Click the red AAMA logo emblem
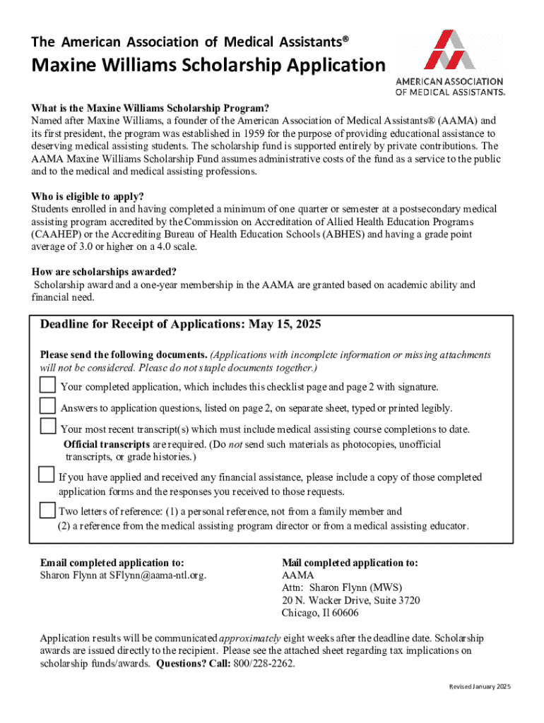pyautogui.click(x=449, y=49)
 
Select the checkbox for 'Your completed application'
pyautogui.click(x=47, y=385)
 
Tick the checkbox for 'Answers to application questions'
pyautogui.click(x=47, y=406)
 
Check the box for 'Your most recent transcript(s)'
pyautogui.click(x=47, y=426)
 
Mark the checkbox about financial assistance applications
pyautogui.click(x=46, y=474)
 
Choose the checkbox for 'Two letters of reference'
pyautogui.click(x=47, y=510)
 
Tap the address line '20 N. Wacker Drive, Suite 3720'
pyautogui.click(x=350, y=600)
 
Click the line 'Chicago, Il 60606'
pyautogui.click(x=319, y=613)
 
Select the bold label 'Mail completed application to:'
pyautogui.click(x=350, y=563)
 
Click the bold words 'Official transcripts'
pyautogui.click(x=106, y=444)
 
